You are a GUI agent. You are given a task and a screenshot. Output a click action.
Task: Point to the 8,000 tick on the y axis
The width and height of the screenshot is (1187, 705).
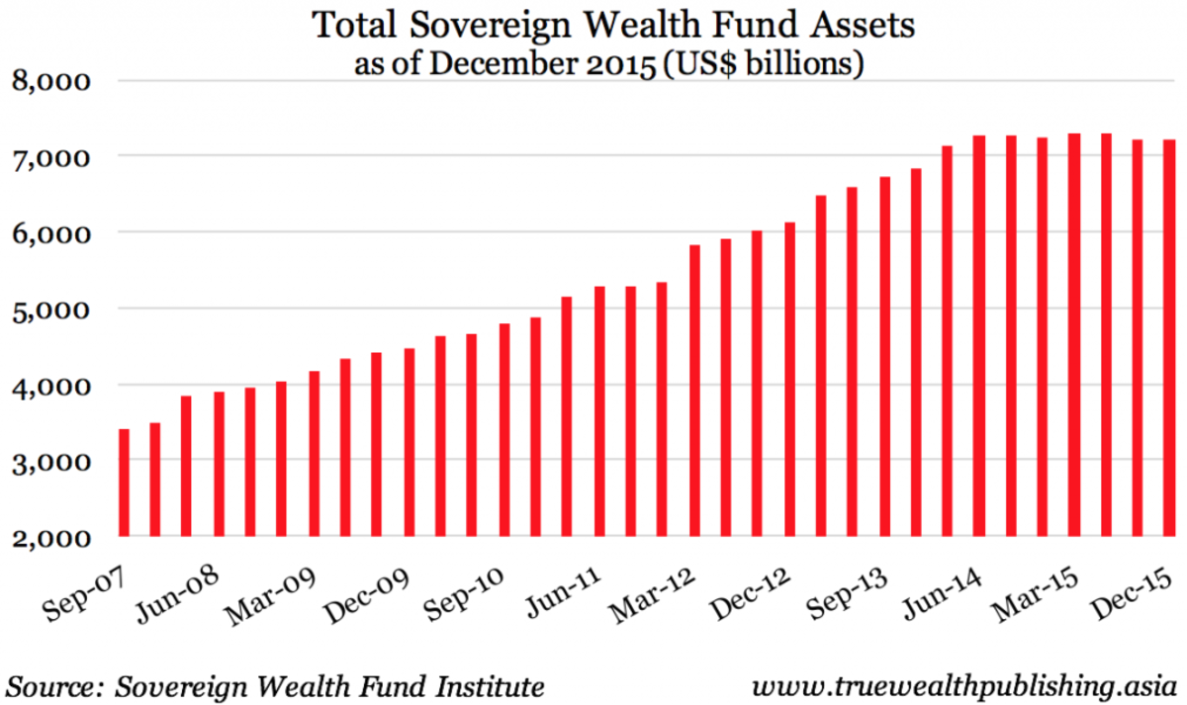(50, 81)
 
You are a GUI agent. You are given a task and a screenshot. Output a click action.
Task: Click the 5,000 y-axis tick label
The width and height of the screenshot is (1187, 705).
(50, 309)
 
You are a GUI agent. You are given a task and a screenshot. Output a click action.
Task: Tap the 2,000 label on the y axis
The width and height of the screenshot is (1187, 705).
(50, 538)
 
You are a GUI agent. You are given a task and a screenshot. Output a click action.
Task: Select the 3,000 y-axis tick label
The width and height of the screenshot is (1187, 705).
(50, 462)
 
